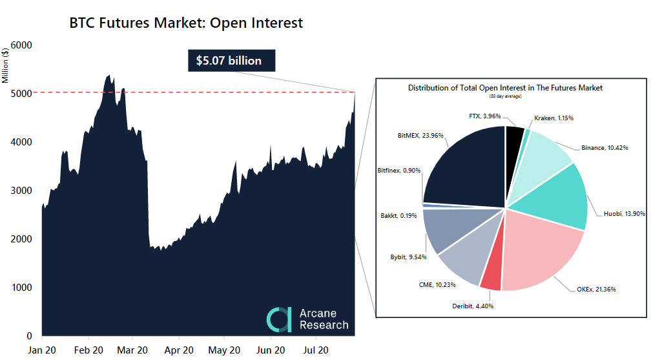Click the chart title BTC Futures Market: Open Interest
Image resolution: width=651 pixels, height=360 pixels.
tap(186, 23)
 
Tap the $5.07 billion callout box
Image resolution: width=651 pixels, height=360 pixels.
tap(229, 61)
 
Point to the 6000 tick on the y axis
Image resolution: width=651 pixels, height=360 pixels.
tap(23, 45)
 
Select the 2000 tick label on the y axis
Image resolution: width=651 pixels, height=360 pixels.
tap(23, 239)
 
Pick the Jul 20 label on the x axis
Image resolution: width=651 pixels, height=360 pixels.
tap(316, 350)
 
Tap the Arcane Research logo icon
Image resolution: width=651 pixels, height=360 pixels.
tap(280, 319)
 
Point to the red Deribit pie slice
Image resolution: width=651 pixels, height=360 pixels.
tap(492, 275)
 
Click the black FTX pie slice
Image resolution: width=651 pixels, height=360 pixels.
tap(514, 137)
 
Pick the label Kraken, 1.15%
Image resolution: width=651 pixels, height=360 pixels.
tap(553, 118)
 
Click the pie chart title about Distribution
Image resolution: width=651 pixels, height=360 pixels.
tap(505, 87)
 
